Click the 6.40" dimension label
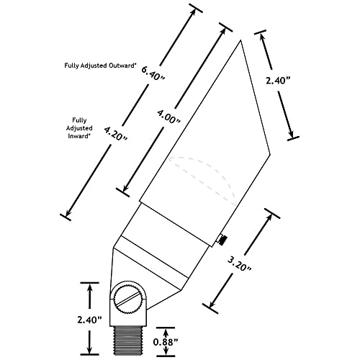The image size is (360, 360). (x=153, y=73)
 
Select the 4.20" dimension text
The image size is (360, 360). (x=115, y=134)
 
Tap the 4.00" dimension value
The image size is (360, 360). (x=168, y=117)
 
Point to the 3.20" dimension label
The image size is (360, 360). (x=239, y=264)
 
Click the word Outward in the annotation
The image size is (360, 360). (x=122, y=66)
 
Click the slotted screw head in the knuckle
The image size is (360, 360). (x=128, y=298)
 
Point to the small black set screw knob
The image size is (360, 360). (x=222, y=240)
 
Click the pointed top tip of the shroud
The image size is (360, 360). (x=240, y=40)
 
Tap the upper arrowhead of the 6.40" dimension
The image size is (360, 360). (x=192, y=14)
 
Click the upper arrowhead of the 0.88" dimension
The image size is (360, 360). (x=166, y=333)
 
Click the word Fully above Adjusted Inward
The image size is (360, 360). (x=79, y=120)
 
